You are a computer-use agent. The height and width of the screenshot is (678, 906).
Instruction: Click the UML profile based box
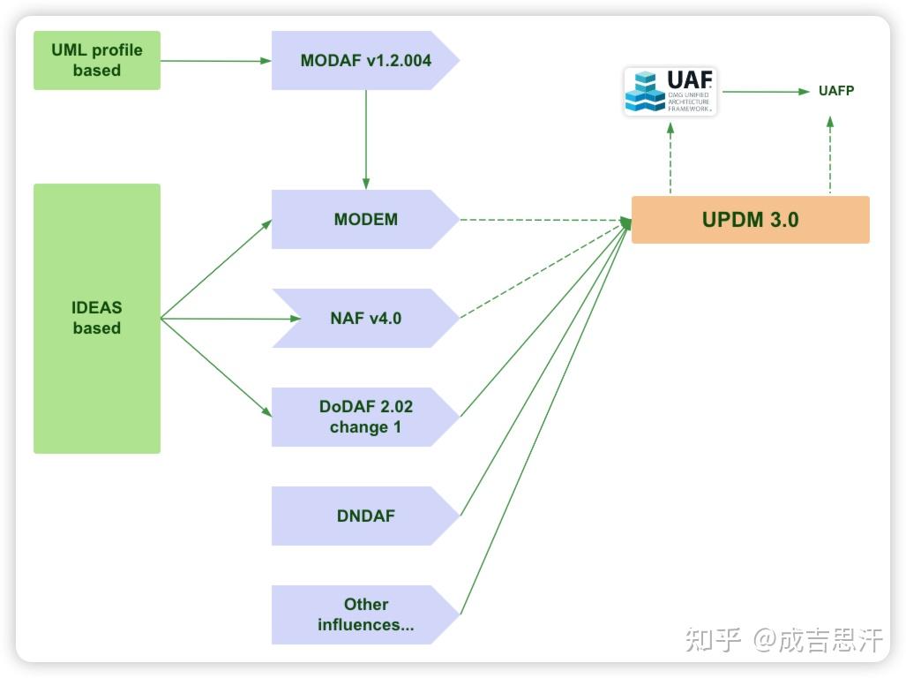coord(97,60)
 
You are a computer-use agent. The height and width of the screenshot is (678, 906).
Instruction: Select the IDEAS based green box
coord(97,319)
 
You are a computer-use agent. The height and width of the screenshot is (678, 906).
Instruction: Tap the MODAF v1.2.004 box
coord(366,60)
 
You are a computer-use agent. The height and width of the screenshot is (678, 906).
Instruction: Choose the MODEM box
coord(366,220)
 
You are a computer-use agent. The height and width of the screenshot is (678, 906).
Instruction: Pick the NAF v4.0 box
coord(366,319)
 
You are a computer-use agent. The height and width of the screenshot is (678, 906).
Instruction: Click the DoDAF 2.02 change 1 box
coord(366,417)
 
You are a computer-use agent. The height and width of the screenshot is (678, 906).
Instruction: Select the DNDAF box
coord(366,516)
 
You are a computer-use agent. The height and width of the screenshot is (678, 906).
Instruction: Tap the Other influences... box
coord(366,614)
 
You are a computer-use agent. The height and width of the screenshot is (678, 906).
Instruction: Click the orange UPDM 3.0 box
coord(751,220)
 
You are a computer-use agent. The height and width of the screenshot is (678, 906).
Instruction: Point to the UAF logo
coord(670,91)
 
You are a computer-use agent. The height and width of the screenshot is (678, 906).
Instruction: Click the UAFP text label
coord(836,91)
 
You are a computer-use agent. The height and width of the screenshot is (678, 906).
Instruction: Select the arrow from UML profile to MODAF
coord(216,61)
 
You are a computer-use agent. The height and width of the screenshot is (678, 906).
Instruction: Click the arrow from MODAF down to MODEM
coord(366,139)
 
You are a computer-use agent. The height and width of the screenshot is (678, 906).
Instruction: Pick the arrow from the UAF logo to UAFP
coord(766,91)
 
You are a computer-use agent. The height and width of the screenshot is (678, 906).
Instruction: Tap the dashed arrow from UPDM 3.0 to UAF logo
coord(670,158)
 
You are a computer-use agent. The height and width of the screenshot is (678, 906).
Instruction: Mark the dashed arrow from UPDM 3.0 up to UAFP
coord(830,154)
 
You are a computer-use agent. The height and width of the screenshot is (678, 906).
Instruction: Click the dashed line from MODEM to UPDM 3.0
coord(545,220)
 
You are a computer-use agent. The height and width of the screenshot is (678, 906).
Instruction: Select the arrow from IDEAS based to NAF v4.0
coord(230,319)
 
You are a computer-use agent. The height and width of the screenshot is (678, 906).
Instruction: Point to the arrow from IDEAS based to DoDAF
coord(216,367)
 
